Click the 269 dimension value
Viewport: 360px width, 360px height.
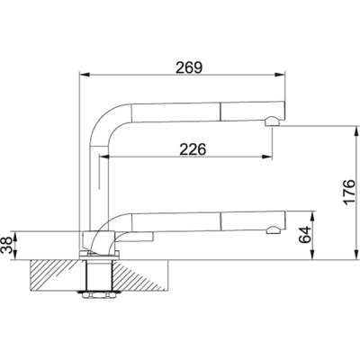pyautogui.click(x=186, y=67)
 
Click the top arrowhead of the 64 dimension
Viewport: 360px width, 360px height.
pyautogui.click(x=313, y=213)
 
